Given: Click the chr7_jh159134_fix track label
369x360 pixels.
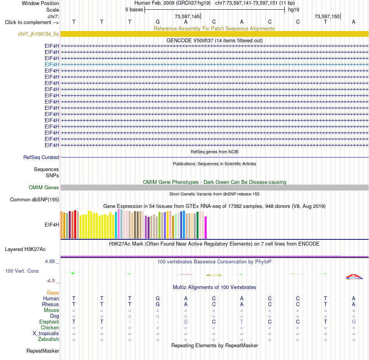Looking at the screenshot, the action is coord(38,34).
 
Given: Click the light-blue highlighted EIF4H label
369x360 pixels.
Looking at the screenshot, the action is coord(52,64).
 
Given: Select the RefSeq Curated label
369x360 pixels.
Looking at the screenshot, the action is coord(41,157).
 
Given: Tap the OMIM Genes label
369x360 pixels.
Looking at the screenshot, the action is coord(44,187).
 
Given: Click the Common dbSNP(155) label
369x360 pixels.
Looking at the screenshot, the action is coord(35,199).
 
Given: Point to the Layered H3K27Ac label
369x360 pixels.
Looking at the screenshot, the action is coord(25,249).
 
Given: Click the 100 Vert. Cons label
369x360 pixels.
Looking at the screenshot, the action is coord(22,271).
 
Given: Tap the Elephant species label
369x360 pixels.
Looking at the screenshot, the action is coord(49,322).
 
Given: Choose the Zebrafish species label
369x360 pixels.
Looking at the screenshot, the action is coord(49,339).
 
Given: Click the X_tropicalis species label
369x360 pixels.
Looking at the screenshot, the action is coord(46,334).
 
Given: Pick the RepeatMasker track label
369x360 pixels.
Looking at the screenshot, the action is coord(43,351).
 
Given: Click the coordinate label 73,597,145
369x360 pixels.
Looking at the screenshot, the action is coord(187,16).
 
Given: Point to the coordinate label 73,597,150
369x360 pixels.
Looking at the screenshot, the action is coord(327,16).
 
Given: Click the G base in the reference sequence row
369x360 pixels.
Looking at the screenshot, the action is coord(158,22).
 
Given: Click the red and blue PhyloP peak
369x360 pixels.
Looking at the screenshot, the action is coord(354,277).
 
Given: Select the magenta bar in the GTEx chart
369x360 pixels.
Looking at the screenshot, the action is coord(206,227).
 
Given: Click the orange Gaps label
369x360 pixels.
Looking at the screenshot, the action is coord(53,292).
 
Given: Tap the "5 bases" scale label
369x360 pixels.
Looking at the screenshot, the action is coord(134,10).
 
